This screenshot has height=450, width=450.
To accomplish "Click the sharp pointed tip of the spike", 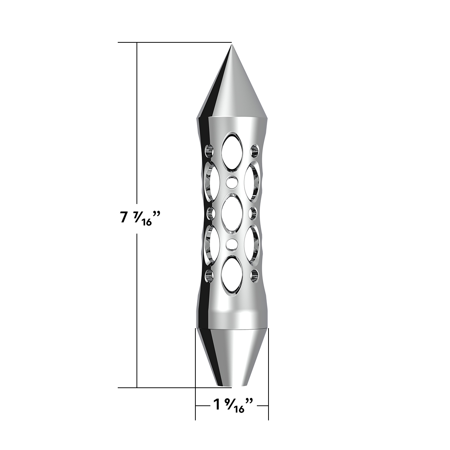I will point(231,45).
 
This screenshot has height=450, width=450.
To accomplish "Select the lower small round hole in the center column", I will point(232,244).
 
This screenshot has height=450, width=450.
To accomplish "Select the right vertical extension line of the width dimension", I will point(268,375).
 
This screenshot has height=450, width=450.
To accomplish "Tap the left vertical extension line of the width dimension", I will point(195,375).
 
